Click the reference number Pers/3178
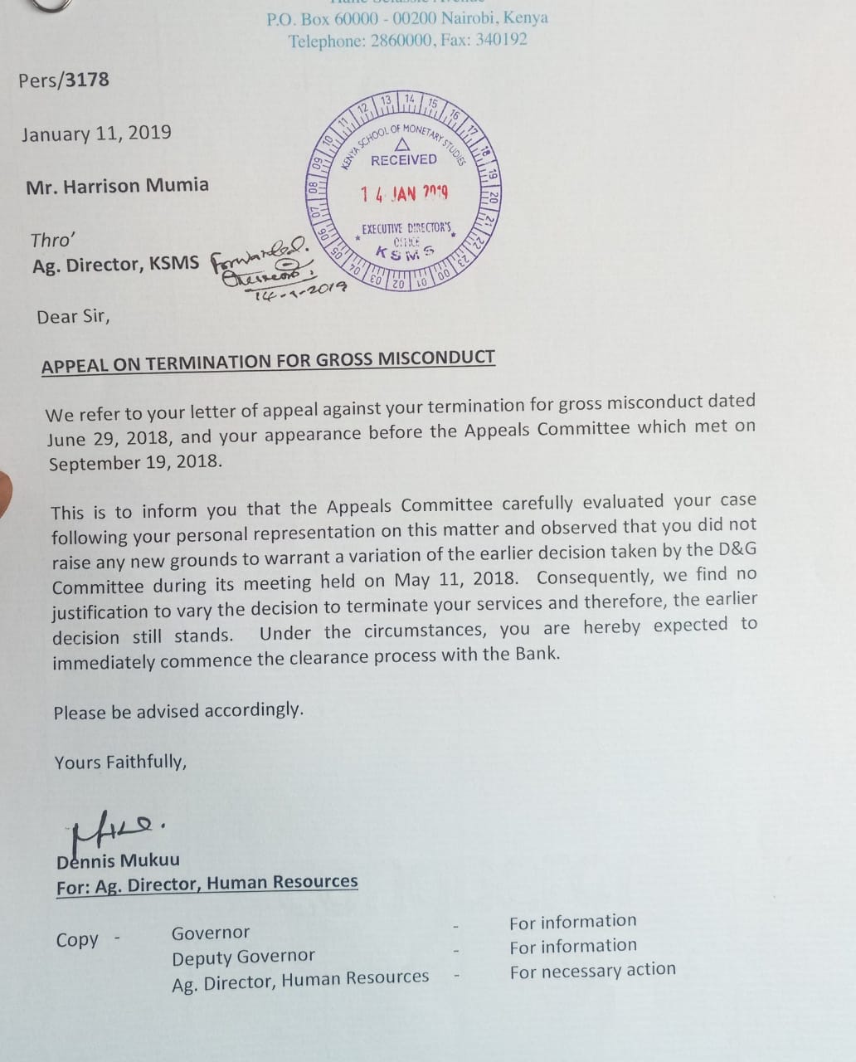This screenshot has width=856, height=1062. [x=64, y=80]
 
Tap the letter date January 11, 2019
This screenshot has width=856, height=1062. [x=96, y=134]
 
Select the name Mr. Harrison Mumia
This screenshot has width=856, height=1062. [x=117, y=185]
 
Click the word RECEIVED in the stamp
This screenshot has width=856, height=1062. [x=403, y=159]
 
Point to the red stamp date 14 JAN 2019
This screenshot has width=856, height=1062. [x=404, y=193]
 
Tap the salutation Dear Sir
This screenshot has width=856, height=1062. [x=73, y=316]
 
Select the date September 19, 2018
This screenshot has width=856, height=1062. [x=135, y=462]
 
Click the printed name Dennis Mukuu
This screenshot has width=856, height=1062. [x=118, y=860]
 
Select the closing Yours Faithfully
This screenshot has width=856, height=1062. [x=120, y=762]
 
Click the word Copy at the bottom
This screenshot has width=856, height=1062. [x=77, y=940]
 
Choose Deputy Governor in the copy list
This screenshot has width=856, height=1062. [x=243, y=957]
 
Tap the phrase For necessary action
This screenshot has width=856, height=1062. [x=592, y=970]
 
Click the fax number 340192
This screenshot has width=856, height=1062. [x=500, y=40]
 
